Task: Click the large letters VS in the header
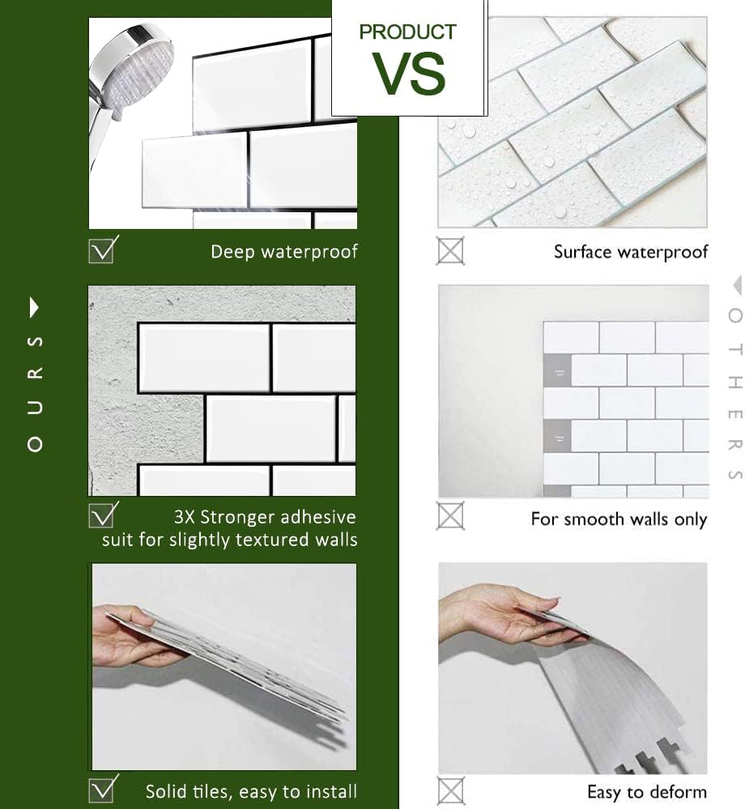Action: (x=409, y=74)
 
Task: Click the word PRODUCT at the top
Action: (x=407, y=33)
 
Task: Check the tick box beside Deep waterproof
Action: (x=102, y=249)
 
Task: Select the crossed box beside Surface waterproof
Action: (x=450, y=251)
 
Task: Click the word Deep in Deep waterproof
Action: (x=232, y=252)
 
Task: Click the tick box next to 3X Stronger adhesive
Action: (x=102, y=515)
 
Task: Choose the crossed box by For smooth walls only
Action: (x=450, y=515)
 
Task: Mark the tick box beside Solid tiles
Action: (x=102, y=789)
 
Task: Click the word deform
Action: (x=675, y=791)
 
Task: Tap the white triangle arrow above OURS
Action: (x=34, y=307)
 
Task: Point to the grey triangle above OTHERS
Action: (x=735, y=285)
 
